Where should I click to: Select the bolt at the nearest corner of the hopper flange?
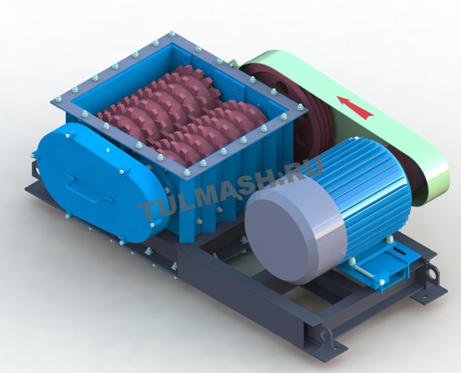point(187,173)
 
